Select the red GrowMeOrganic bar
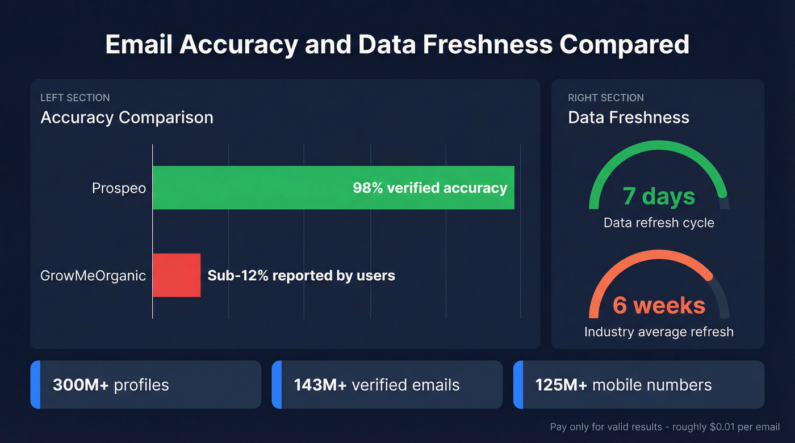tap(177, 275)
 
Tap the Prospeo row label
tap(119, 188)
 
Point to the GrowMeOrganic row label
tap(93, 276)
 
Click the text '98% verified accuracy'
tap(430, 188)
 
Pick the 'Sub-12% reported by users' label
tap(301, 276)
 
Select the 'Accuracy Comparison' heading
tap(127, 117)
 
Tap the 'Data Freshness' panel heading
tap(629, 117)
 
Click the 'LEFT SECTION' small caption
tap(75, 98)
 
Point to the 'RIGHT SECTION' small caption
tap(606, 98)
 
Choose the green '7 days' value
tap(659, 196)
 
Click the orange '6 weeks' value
tap(659, 306)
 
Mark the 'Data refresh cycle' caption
tap(659, 222)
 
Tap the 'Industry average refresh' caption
tap(659, 331)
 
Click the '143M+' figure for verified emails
tap(320, 385)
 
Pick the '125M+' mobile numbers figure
tap(561, 385)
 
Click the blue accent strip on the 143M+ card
tap(277, 385)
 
